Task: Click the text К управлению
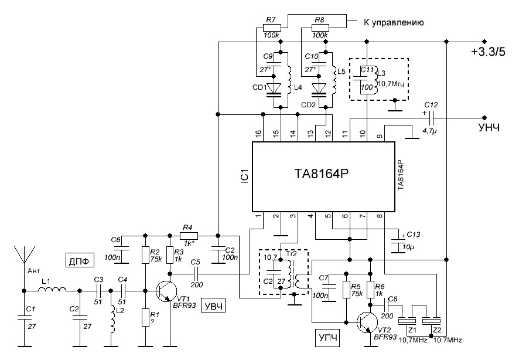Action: point(394,23)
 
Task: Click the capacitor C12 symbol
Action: point(432,116)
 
